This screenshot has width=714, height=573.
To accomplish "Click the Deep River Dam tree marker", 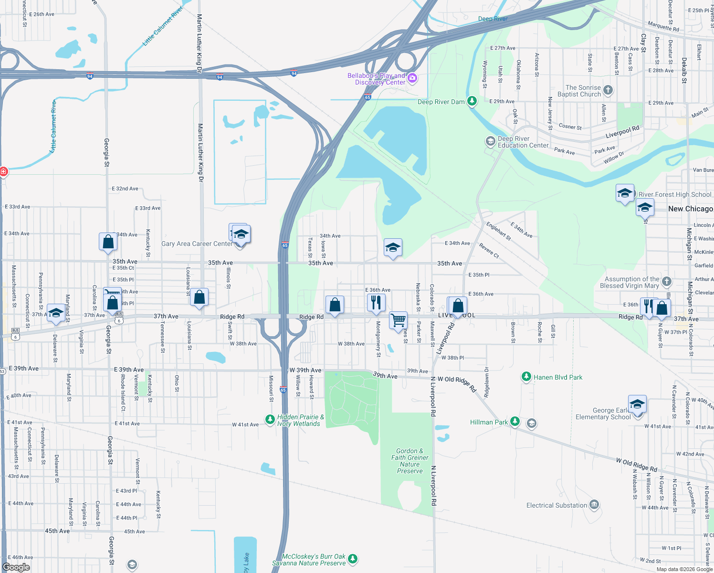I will tap(472, 101).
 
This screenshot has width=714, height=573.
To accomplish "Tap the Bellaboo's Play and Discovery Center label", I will tap(376, 79).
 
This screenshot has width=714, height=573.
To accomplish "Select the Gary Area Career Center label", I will tap(197, 244).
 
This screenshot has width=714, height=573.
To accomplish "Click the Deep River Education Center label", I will tap(523, 142).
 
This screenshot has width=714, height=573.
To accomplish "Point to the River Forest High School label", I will tap(674, 194).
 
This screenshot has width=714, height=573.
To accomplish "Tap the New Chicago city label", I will tap(690, 209).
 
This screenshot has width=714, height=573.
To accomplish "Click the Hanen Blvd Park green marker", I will tap(526, 377).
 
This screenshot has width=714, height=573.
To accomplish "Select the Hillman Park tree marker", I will tap(514, 421).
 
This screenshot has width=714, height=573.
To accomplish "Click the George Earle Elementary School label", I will tap(603, 414).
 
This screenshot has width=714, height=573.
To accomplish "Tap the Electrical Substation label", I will tap(556, 505).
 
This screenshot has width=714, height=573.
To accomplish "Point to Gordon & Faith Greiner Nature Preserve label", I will tap(409, 461).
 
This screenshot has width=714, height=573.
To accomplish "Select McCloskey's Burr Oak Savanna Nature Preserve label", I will tap(309, 560).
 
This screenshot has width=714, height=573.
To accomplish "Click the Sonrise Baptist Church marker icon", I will tap(608, 90).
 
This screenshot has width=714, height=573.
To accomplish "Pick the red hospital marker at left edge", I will tap(3, 171).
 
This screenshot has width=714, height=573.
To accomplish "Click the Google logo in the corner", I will tap(16, 567).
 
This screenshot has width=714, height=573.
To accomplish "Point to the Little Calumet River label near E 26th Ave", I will tap(163, 27).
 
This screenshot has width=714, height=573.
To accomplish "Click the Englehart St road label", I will tap(498, 231).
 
